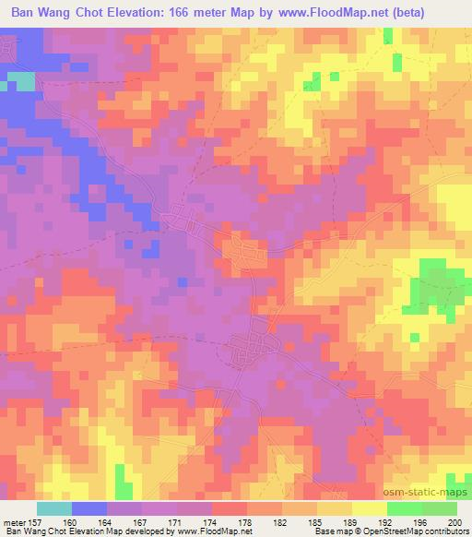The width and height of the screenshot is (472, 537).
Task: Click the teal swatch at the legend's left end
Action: pos(54,507)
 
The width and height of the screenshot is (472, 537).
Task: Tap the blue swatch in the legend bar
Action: pos(89,507)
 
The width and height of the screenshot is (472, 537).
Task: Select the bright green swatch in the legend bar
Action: pos(404,507)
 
